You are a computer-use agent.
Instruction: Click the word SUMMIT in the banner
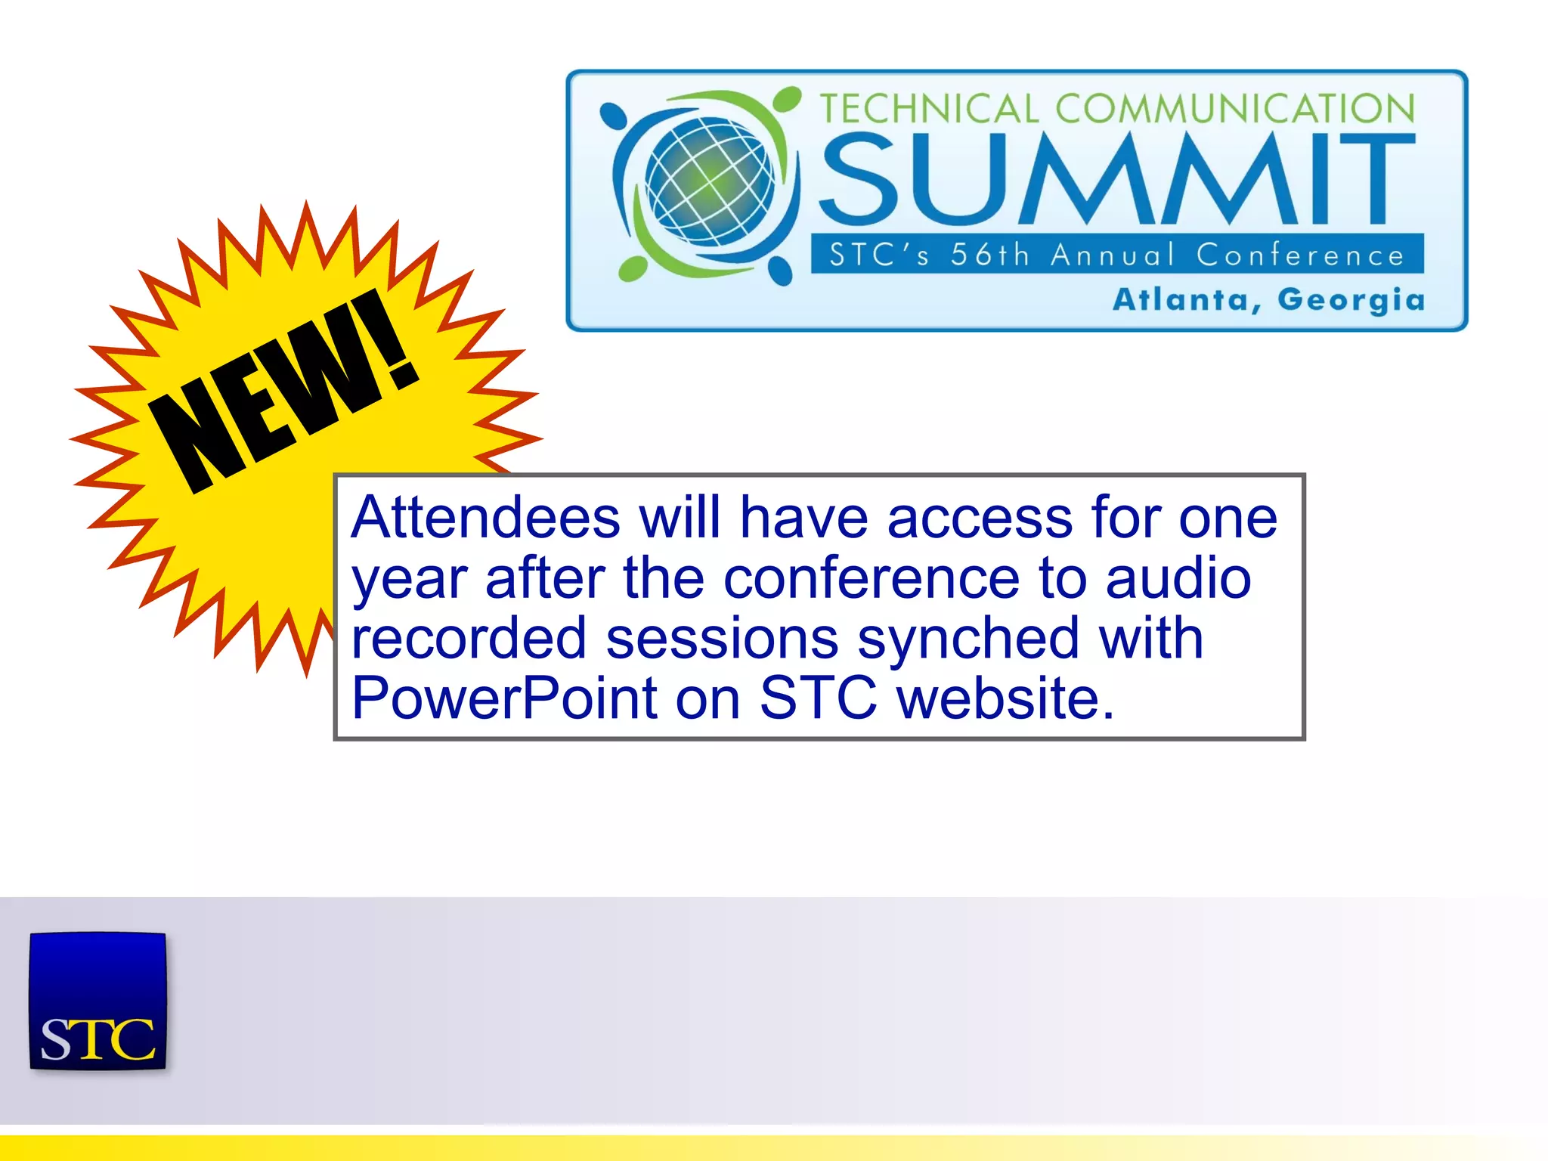[1117, 179]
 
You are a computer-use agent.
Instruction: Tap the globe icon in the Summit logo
[709, 181]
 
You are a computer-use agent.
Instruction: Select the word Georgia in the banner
[1351, 301]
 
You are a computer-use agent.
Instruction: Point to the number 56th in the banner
[990, 255]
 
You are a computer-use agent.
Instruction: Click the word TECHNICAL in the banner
[930, 109]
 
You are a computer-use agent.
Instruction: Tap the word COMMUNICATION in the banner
[1235, 109]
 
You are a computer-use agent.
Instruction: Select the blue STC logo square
[98, 1001]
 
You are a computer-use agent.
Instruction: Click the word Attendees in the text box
[485, 518]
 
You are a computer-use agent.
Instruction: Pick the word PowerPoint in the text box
[504, 698]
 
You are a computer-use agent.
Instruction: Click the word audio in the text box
[1178, 578]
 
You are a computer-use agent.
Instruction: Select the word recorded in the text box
[469, 639]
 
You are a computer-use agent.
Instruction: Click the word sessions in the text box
[722, 639]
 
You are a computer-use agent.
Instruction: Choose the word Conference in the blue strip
[1299, 255]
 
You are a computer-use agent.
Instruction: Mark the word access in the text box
[980, 519]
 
